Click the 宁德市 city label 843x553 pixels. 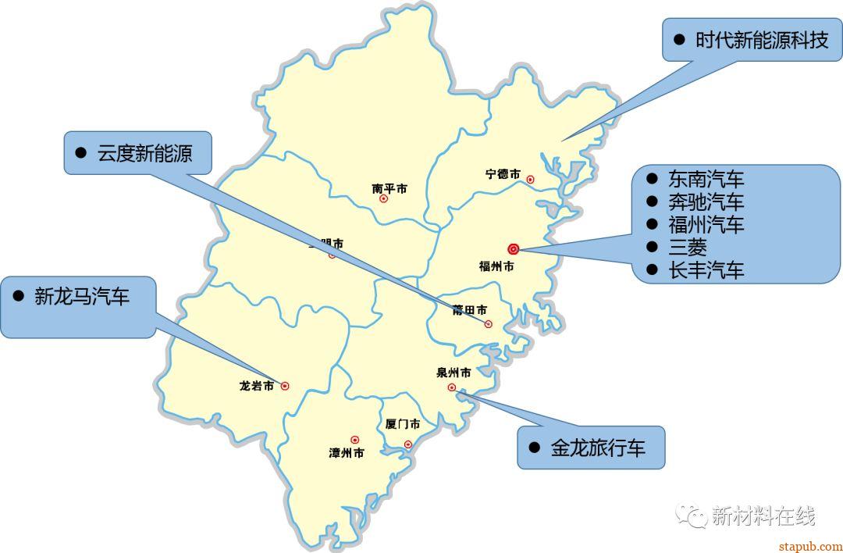click(503, 174)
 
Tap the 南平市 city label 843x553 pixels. click(389, 188)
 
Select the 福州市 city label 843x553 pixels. click(496, 266)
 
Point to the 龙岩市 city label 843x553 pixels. click(257, 386)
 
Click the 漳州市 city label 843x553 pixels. click(347, 453)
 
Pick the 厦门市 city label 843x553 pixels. click(403, 424)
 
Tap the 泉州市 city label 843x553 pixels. click(454, 373)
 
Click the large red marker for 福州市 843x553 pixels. click(514, 249)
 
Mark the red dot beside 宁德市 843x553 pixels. click(531, 180)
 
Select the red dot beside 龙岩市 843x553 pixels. click(285, 386)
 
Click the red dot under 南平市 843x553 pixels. click(383, 199)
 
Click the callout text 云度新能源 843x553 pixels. click(144, 153)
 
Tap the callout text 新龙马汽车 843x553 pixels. click(82, 297)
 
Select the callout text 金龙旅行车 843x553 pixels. click(598, 448)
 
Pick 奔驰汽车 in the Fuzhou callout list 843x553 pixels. click(706, 202)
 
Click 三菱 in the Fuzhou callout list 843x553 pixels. click(687, 248)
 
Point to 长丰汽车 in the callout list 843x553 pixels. click(706, 270)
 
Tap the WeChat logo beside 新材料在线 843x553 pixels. click(692, 515)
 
